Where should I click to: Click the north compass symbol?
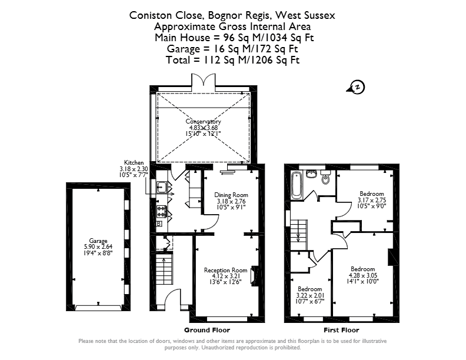[x=356, y=87]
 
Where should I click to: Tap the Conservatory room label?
[x=203, y=122]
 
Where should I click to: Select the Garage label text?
[x=98, y=241]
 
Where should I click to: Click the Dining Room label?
[x=231, y=195]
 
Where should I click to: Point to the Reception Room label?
[x=225, y=270]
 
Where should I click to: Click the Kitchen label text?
[x=134, y=162]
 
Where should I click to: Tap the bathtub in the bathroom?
[x=297, y=185]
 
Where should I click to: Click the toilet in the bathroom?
[x=326, y=178]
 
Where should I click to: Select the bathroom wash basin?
[x=311, y=174]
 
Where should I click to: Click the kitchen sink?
[x=162, y=187]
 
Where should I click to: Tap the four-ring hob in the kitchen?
[x=162, y=211]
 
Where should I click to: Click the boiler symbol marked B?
[x=159, y=224]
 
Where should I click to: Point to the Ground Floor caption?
[x=207, y=330]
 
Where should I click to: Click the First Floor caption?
[x=341, y=330]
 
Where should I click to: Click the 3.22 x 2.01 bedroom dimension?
[x=310, y=295]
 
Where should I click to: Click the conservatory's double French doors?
[x=203, y=81]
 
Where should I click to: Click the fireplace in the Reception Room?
[x=254, y=276]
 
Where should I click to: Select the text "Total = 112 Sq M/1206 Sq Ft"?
[x=232, y=60]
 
